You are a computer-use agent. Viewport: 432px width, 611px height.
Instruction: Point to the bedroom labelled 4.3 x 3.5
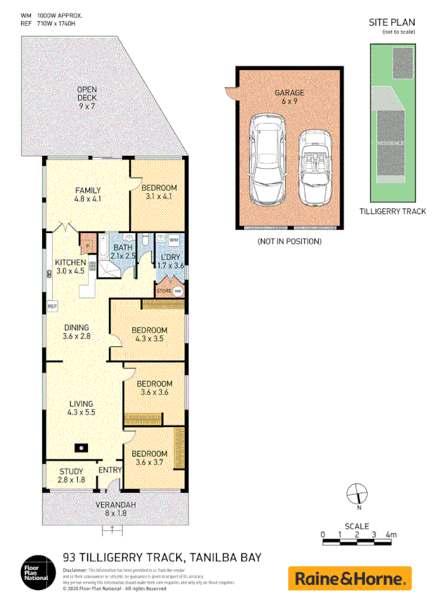pos(150,335)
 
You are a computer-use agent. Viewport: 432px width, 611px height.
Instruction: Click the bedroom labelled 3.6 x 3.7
pos(150,457)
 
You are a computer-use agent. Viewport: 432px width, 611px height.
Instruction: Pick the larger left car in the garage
pos(267,159)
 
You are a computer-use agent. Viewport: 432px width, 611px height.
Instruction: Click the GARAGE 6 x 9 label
pos(288,97)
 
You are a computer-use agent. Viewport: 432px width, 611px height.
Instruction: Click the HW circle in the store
pos(178,291)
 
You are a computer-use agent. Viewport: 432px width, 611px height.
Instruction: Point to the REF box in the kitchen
pos(52,306)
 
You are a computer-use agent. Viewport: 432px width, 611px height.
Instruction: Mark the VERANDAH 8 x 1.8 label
pos(116,508)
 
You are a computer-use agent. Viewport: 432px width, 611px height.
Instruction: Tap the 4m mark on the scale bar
pos(391,535)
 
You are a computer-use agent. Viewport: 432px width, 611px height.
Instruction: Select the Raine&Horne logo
pos(350,578)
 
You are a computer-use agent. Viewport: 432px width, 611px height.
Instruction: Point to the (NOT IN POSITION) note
pos(288,241)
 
